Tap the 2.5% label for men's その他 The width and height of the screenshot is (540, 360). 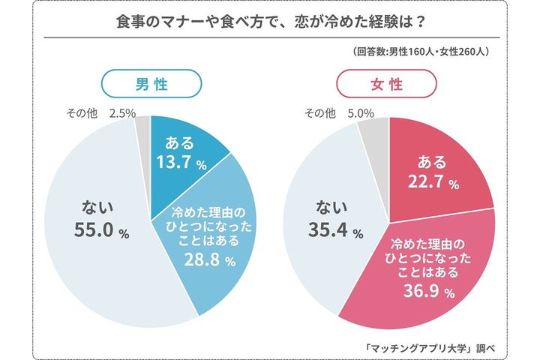121,113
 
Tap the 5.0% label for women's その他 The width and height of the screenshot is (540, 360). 361,113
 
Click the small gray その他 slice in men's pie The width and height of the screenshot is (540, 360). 142,130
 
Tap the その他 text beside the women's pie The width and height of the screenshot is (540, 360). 319,113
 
